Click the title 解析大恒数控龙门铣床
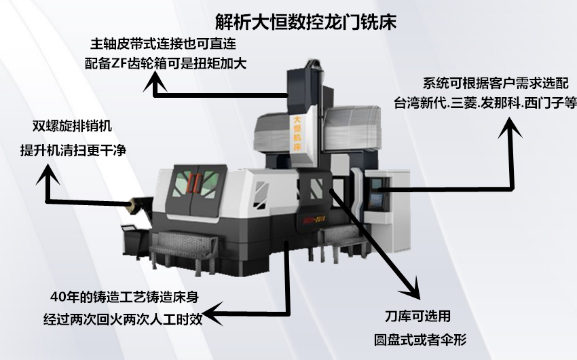tap(305, 22)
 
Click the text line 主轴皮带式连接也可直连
tap(164, 43)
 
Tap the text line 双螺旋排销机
tap(72, 126)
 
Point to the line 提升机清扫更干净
tap(73, 150)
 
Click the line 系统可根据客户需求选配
tap(496, 84)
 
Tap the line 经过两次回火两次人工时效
tap(123, 319)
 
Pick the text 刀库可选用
tap(417, 317)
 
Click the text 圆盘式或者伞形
tap(420, 340)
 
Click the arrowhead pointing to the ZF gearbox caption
tap(155, 81)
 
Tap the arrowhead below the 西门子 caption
tap(510, 128)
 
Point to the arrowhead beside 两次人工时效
tap(212, 314)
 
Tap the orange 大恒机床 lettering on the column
tap(297, 133)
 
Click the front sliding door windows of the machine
tap(196, 181)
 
